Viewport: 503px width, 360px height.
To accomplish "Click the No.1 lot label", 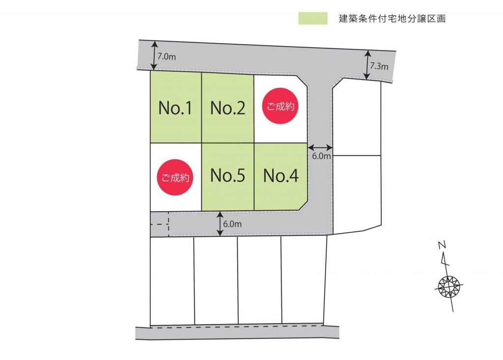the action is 175,108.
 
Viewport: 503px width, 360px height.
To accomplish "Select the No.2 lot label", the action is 228,108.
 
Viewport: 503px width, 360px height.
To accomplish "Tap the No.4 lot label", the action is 280,175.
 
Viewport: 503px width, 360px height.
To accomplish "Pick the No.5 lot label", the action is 228,175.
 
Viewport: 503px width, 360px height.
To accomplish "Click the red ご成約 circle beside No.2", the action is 280,106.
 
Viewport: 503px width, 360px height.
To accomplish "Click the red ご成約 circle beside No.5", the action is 175,177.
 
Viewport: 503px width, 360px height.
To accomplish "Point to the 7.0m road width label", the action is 167,57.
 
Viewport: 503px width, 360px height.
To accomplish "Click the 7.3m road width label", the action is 379,66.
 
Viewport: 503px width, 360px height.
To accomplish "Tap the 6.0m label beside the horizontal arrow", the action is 321,156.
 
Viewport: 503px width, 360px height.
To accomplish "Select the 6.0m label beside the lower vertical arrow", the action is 232,224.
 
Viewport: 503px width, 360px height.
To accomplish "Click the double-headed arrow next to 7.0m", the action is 154,55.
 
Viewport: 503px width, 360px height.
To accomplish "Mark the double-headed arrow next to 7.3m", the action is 367,65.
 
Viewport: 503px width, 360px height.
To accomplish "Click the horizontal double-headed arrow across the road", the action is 320,148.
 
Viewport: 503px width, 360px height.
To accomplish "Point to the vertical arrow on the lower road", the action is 220,223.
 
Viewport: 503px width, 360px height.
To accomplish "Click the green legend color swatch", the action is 313,18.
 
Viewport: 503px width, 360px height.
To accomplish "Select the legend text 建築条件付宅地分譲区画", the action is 392,19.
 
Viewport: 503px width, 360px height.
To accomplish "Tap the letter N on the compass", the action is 442,245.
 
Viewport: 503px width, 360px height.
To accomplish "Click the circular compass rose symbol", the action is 449,285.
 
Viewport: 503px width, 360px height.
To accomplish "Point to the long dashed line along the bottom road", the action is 237,326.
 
